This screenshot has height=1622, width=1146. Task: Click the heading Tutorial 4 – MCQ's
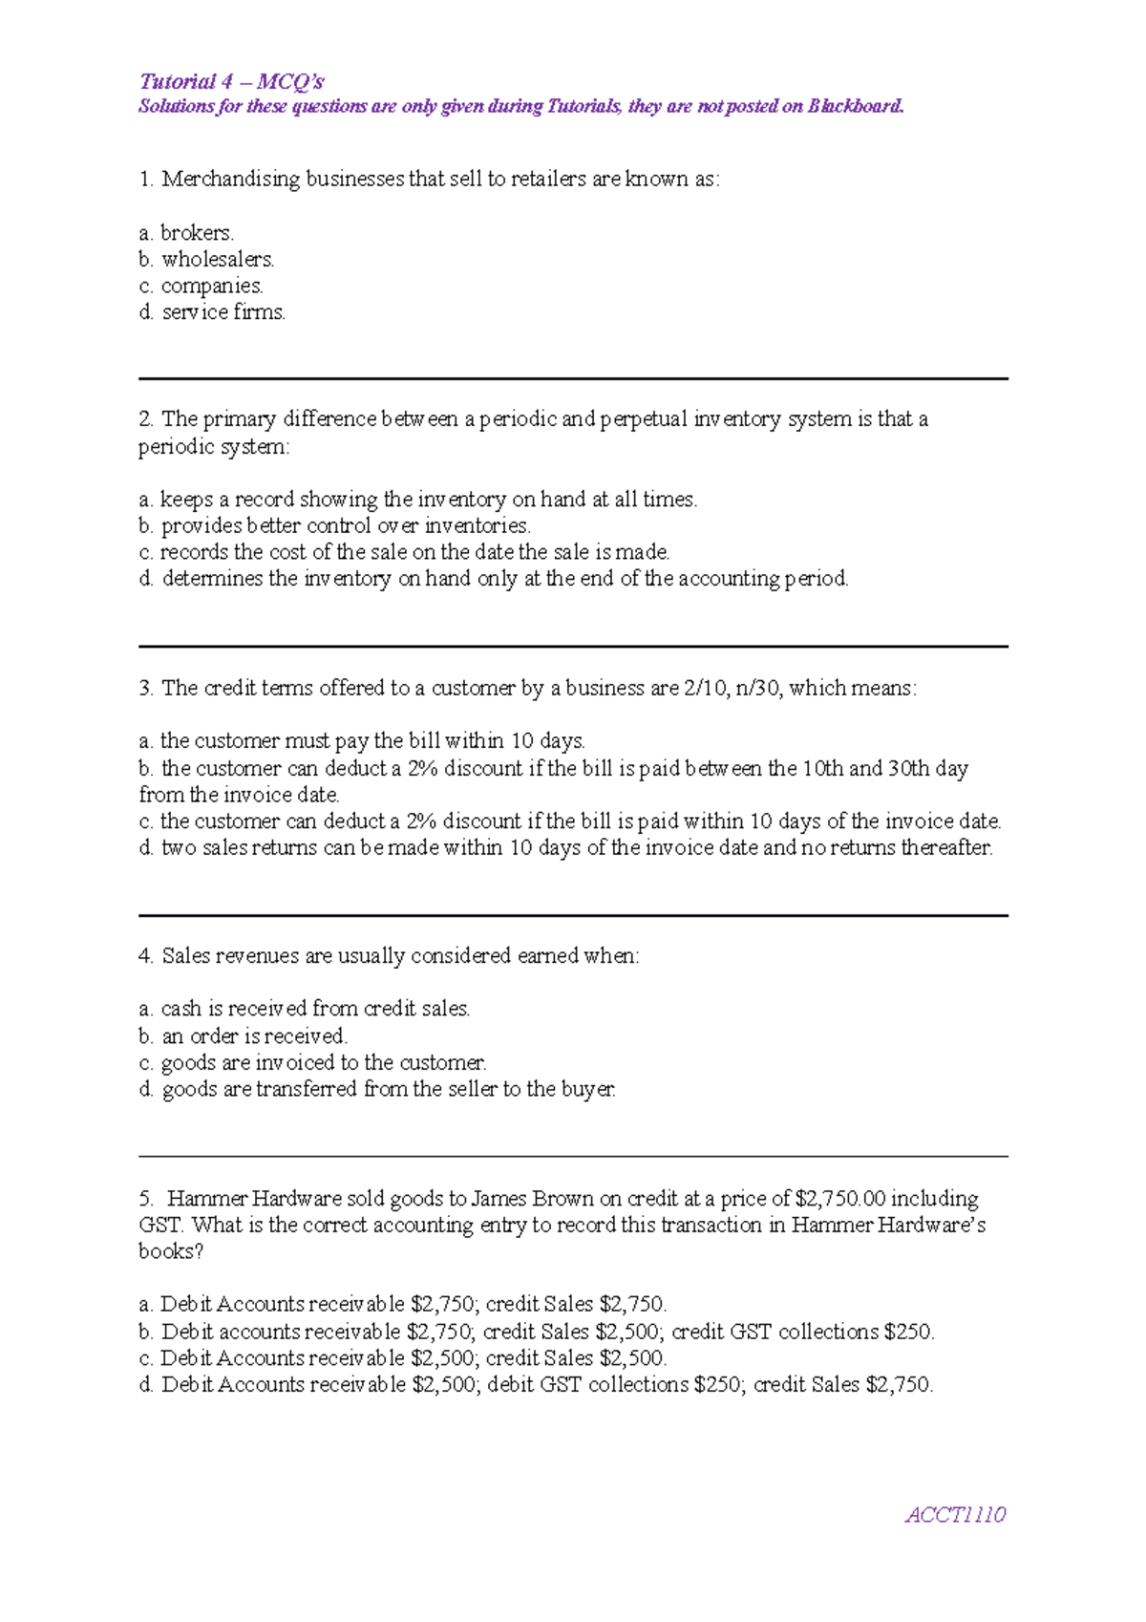point(231,81)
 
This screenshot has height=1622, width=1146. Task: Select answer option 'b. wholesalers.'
point(206,259)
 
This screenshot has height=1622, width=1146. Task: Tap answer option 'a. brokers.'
point(186,232)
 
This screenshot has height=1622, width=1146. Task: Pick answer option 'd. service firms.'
point(212,312)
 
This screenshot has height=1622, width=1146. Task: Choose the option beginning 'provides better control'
point(334,525)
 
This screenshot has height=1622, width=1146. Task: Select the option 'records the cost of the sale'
point(404,552)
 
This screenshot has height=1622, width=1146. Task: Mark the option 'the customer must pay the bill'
point(362,740)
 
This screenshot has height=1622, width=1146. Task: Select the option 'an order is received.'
point(243,1035)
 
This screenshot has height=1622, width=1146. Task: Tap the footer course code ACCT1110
point(955,1514)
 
